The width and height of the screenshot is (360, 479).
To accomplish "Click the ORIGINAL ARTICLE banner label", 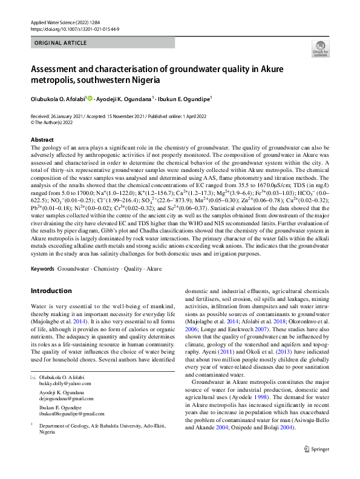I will coord(61,44).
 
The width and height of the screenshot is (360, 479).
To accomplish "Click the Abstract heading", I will coord(42,139).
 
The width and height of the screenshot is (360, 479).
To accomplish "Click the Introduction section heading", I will coord(51,291).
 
